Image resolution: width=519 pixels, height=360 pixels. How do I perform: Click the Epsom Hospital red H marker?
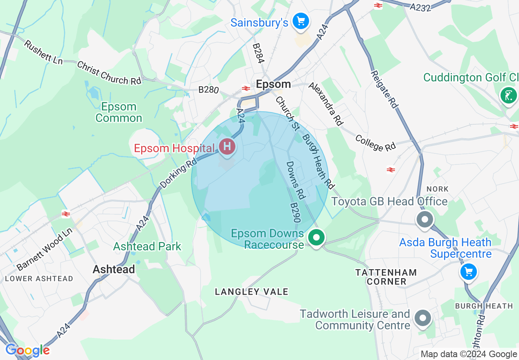(x=227, y=146)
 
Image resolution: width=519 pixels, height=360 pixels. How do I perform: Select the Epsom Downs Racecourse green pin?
(x=316, y=238)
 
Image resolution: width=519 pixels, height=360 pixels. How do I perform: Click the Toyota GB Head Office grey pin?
(x=425, y=219)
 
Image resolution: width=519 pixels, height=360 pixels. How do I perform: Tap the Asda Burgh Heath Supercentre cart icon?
(x=468, y=272)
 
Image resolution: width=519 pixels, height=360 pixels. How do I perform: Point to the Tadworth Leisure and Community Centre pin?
(x=423, y=318)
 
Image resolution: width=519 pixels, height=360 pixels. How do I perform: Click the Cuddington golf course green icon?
(x=508, y=96)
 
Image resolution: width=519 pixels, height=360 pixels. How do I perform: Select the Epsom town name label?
(x=273, y=84)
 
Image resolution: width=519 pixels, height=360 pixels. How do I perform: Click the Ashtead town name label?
(x=113, y=269)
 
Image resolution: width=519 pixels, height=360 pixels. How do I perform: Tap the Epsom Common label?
(x=119, y=112)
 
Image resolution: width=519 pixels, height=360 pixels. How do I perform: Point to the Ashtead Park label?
(x=147, y=246)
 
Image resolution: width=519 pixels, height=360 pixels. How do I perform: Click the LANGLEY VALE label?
(x=252, y=292)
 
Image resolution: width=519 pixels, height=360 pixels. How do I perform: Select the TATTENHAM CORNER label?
(x=386, y=277)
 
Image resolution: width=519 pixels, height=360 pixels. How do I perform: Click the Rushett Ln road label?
(x=43, y=52)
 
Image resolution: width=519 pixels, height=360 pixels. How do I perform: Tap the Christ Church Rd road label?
(x=109, y=73)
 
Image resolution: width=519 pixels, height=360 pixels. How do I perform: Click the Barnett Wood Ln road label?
(x=45, y=250)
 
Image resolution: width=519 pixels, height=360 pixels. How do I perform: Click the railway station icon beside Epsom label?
(x=246, y=88)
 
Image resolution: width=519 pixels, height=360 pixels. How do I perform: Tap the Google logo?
(x=27, y=350)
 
